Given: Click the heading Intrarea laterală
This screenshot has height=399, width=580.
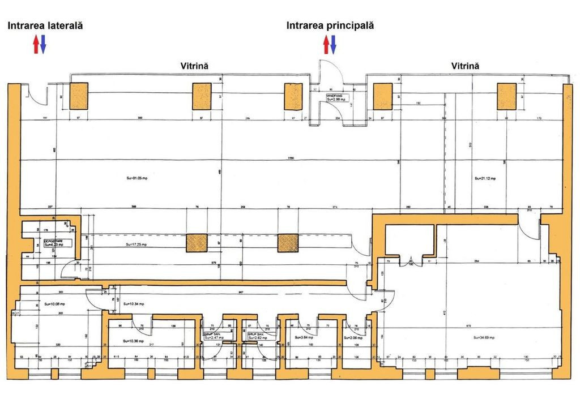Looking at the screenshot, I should tap(45, 25).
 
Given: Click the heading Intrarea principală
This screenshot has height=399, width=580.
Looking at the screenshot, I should tap(330, 25).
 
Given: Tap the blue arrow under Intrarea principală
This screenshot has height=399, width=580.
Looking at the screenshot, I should tap(334, 44).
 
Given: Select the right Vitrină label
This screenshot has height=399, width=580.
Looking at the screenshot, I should tap(465, 66).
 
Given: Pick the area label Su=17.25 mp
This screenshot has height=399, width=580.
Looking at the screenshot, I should tap(137, 245).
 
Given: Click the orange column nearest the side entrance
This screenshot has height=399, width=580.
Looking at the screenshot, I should tap(78, 96).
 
